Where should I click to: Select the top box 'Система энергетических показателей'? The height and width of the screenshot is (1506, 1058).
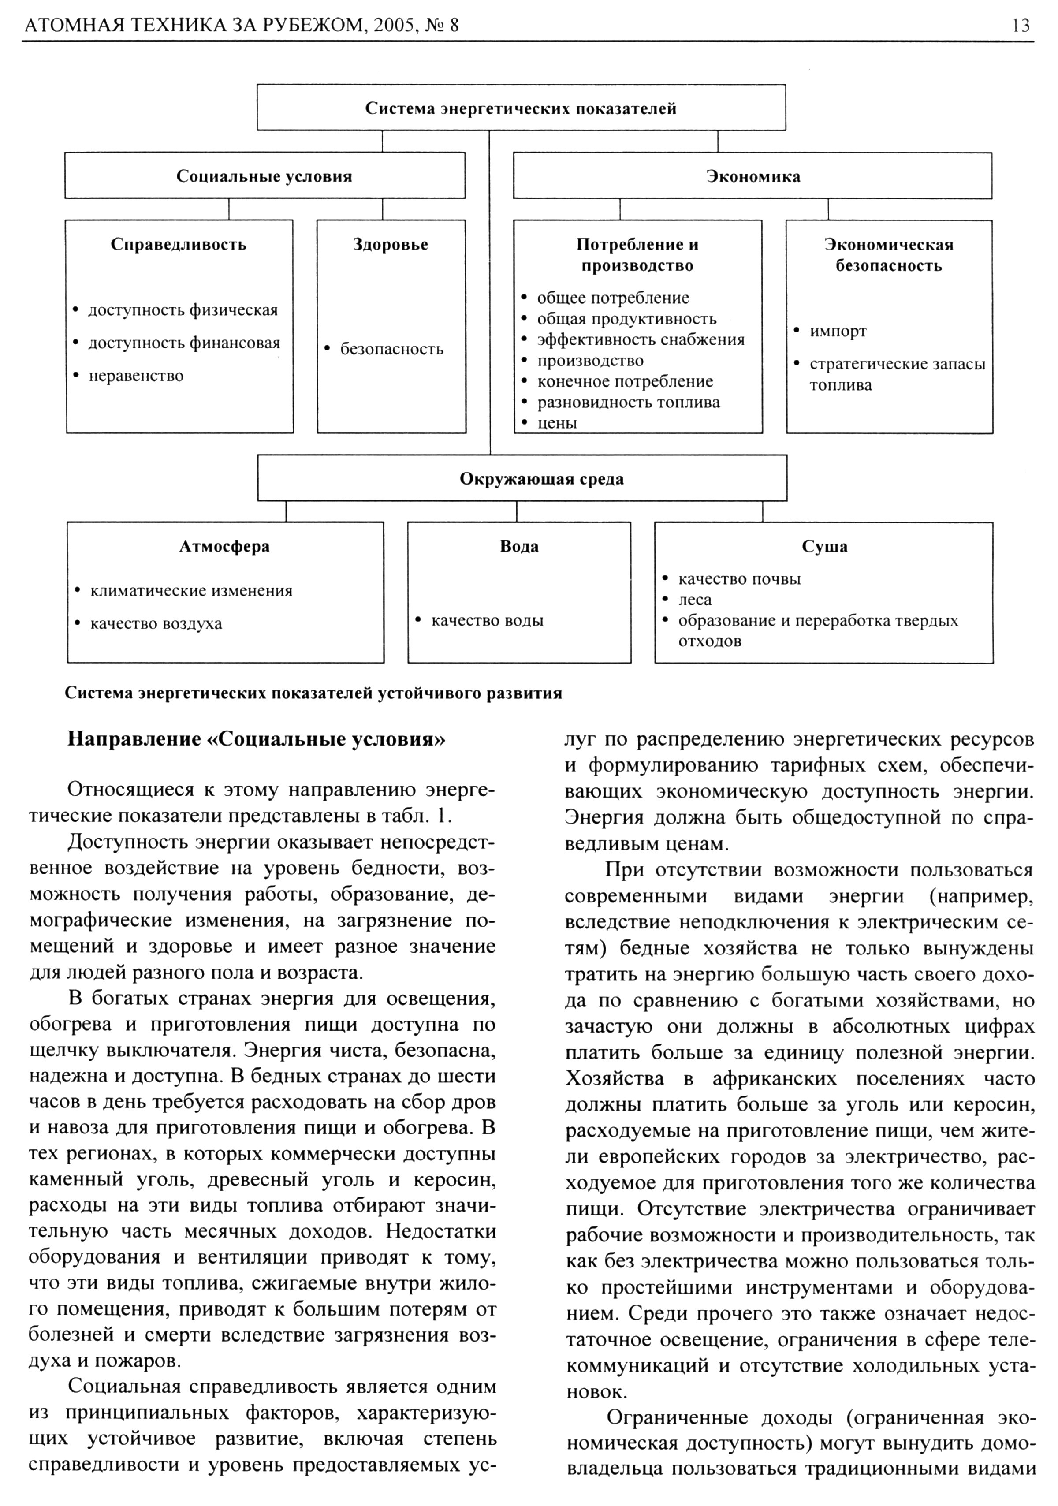(x=520, y=108)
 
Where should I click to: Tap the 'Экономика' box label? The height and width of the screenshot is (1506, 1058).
(x=753, y=176)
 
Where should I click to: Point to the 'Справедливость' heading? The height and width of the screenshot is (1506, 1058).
(x=179, y=245)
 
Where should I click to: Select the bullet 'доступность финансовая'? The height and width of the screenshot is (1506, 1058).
(x=184, y=343)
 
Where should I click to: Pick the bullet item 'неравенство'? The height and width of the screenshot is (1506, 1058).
(x=136, y=376)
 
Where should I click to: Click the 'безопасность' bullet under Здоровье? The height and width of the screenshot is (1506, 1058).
(x=391, y=349)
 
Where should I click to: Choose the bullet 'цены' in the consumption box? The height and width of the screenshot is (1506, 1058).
(x=557, y=423)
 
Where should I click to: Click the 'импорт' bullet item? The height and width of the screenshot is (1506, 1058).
(x=838, y=331)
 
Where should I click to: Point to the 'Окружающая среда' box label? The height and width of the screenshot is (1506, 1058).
(x=522, y=479)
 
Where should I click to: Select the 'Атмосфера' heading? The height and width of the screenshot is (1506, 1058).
(x=224, y=546)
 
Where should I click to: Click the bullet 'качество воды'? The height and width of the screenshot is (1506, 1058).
(x=487, y=620)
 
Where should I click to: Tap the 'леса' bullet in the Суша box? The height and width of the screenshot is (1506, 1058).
(x=695, y=600)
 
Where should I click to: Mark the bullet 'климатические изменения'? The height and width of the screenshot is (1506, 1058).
(x=191, y=590)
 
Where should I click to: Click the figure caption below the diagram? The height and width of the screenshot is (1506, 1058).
(x=313, y=693)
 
